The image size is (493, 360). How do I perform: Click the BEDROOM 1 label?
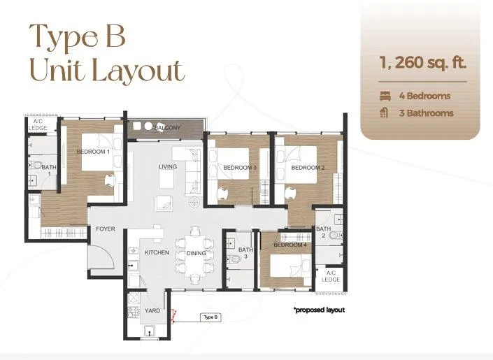point(93,152)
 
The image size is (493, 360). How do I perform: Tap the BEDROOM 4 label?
point(290,245)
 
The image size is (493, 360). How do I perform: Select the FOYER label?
point(106,229)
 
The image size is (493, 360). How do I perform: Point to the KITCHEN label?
point(157,252)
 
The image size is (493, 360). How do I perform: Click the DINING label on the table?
point(197,253)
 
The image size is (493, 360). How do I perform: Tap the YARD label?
point(152,310)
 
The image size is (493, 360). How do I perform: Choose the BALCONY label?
point(168,128)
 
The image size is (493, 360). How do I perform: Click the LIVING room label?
point(168,166)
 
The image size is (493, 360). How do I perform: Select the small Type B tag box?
point(210,317)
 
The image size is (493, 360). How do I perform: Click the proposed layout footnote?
point(319,310)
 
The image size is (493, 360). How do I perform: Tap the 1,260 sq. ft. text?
point(423,62)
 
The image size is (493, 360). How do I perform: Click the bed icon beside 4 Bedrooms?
point(385,96)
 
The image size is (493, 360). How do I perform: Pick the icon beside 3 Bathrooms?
point(384,113)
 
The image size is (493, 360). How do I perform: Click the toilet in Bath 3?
point(233,259)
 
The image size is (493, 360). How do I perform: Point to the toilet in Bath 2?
point(336,235)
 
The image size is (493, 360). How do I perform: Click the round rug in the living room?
point(194,201)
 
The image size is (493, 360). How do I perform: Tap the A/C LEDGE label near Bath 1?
point(38,125)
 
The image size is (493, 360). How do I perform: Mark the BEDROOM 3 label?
point(240,168)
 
